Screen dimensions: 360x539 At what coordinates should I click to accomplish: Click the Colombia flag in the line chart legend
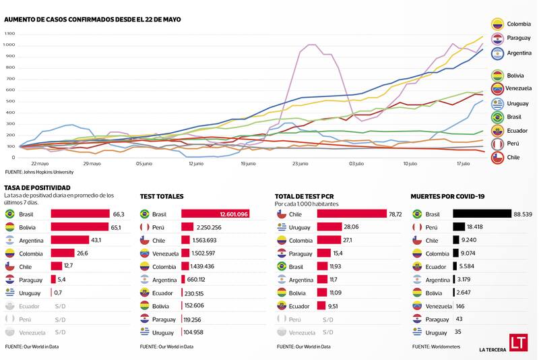click(x=497, y=24)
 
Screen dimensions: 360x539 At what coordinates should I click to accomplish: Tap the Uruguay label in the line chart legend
click(x=517, y=103)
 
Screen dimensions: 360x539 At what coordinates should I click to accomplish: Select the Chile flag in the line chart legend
click(x=497, y=157)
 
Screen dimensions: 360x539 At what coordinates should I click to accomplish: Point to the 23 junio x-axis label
click(x=300, y=163)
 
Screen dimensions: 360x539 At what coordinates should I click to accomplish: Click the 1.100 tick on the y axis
click(x=9, y=33)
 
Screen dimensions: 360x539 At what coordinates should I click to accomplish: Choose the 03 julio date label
click(x=356, y=163)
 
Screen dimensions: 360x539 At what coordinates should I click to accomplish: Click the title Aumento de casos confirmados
click(x=92, y=20)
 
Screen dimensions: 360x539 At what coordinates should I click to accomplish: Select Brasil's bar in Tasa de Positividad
click(x=80, y=214)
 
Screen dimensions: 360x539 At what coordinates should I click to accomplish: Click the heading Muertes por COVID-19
click(x=447, y=196)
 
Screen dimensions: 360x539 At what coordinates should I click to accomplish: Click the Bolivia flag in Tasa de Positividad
click(x=10, y=227)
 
